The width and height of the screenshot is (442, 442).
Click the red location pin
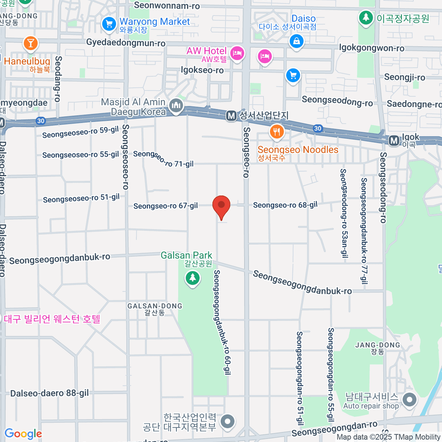click(221, 206)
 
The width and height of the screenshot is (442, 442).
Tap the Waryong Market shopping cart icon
click(109, 24)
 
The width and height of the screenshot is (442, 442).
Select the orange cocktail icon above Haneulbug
click(31, 43)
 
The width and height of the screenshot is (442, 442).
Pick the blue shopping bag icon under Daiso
click(297, 41)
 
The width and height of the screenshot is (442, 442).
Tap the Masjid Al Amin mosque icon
click(176, 106)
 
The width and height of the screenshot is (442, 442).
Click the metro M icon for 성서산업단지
click(231, 116)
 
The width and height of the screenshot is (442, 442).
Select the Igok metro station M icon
click(394, 140)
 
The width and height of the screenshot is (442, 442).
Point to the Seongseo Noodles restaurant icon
click(276, 131)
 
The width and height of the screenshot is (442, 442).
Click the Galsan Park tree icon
click(192, 277)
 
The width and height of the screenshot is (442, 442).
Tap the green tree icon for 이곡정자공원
click(366, 17)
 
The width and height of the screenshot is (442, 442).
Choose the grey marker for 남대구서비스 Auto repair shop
click(409, 400)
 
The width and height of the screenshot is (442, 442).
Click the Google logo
click(23, 434)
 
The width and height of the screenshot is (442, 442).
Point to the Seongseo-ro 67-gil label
click(165, 206)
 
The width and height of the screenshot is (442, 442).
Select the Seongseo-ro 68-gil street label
click(285, 205)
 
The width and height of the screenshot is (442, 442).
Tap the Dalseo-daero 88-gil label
click(49, 393)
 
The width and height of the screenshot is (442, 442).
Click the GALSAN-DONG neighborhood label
click(155, 306)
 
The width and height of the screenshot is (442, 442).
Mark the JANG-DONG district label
click(378, 345)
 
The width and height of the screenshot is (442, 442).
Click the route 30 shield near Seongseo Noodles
click(318, 128)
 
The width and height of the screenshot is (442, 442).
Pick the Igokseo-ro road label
click(202, 70)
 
